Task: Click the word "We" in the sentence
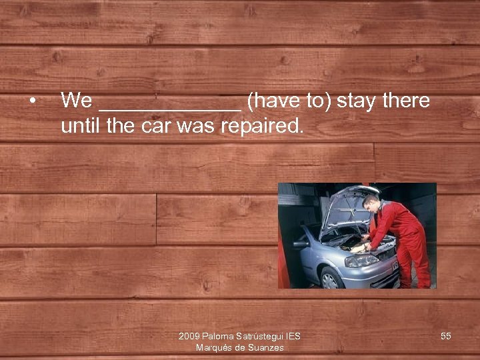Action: [x=76, y=101]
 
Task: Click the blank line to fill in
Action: [x=169, y=107]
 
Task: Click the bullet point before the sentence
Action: [x=31, y=101]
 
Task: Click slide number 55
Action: [x=446, y=336]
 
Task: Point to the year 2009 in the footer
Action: [x=189, y=336]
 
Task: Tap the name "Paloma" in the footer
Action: [x=218, y=336]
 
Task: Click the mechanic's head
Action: [x=371, y=200]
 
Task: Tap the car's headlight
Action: [x=360, y=260]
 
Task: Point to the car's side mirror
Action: [x=301, y=245]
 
